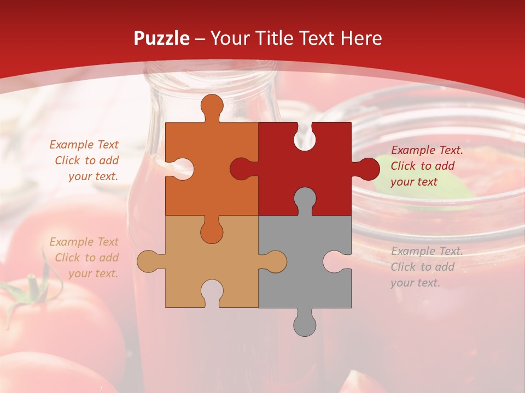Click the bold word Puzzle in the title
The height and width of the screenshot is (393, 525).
click(162, 38)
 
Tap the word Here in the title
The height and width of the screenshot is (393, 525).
click(361, 38)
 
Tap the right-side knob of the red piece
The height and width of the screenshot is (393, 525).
click(367, 169)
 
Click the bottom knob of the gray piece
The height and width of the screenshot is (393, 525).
click(305, 323)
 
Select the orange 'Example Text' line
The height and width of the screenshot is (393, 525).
click(84, 145)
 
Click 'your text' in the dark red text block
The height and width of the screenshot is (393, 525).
click(414, 182)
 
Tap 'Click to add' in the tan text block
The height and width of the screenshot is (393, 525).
click(86, 258)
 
